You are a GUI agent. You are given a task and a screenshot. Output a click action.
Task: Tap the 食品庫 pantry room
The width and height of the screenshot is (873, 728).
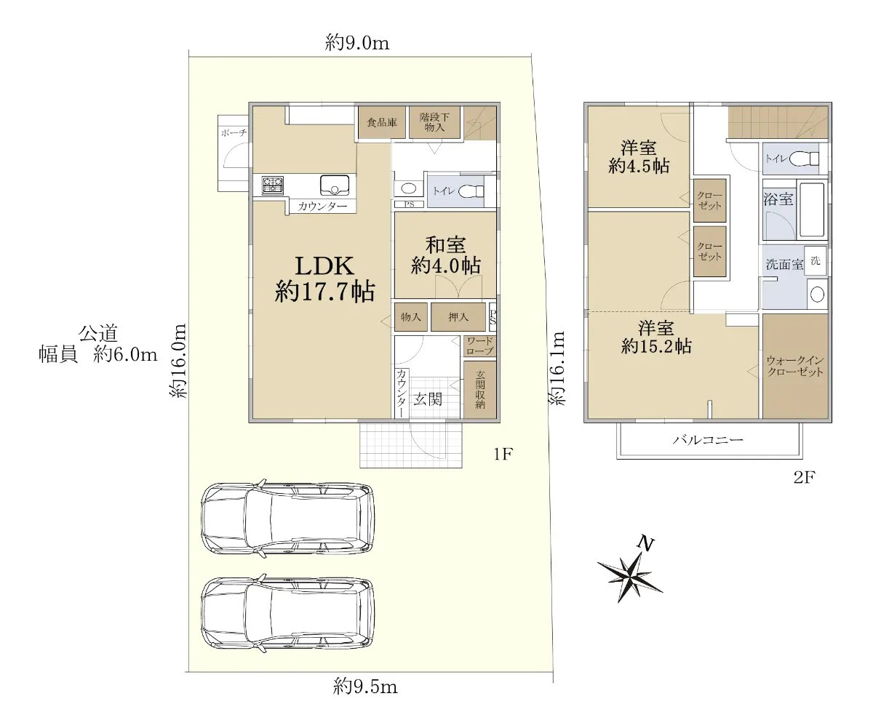click(381, 122)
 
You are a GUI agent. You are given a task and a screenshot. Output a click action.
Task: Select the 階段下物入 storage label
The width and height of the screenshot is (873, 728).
click(434, 122)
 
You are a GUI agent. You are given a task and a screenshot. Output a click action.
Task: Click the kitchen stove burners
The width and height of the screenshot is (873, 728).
click(272, 185)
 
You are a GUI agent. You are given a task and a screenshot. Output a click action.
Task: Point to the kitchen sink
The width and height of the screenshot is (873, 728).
click(335, 185)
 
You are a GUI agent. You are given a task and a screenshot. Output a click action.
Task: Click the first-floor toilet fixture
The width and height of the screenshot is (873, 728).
click(471, 191)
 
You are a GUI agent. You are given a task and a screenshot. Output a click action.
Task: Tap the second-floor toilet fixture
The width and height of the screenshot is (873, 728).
click(804, 159)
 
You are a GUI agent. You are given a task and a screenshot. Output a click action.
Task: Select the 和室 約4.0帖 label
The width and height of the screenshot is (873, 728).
click(445, 255)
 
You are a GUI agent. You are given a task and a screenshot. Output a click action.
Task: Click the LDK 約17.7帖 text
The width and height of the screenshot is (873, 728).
click(324, 279)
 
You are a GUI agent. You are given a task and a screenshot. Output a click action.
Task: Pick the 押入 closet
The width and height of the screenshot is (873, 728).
click(458, 317)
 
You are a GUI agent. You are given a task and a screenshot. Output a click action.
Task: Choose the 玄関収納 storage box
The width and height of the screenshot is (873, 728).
click(480, 390)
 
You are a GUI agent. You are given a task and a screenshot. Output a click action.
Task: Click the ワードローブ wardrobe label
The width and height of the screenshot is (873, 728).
click(480, 346)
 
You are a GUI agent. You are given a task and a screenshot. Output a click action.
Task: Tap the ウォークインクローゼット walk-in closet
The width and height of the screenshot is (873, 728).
click(795, 366)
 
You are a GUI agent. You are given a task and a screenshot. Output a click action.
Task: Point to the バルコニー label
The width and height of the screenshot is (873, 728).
click(709, 440)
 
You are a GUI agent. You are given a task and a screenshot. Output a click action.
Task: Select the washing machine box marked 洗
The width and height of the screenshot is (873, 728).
click(816, 261)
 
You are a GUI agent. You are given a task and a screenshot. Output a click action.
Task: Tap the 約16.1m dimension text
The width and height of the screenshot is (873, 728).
click(557, 368)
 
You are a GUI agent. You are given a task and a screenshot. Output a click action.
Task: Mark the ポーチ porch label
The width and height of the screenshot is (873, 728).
click(234, 133)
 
